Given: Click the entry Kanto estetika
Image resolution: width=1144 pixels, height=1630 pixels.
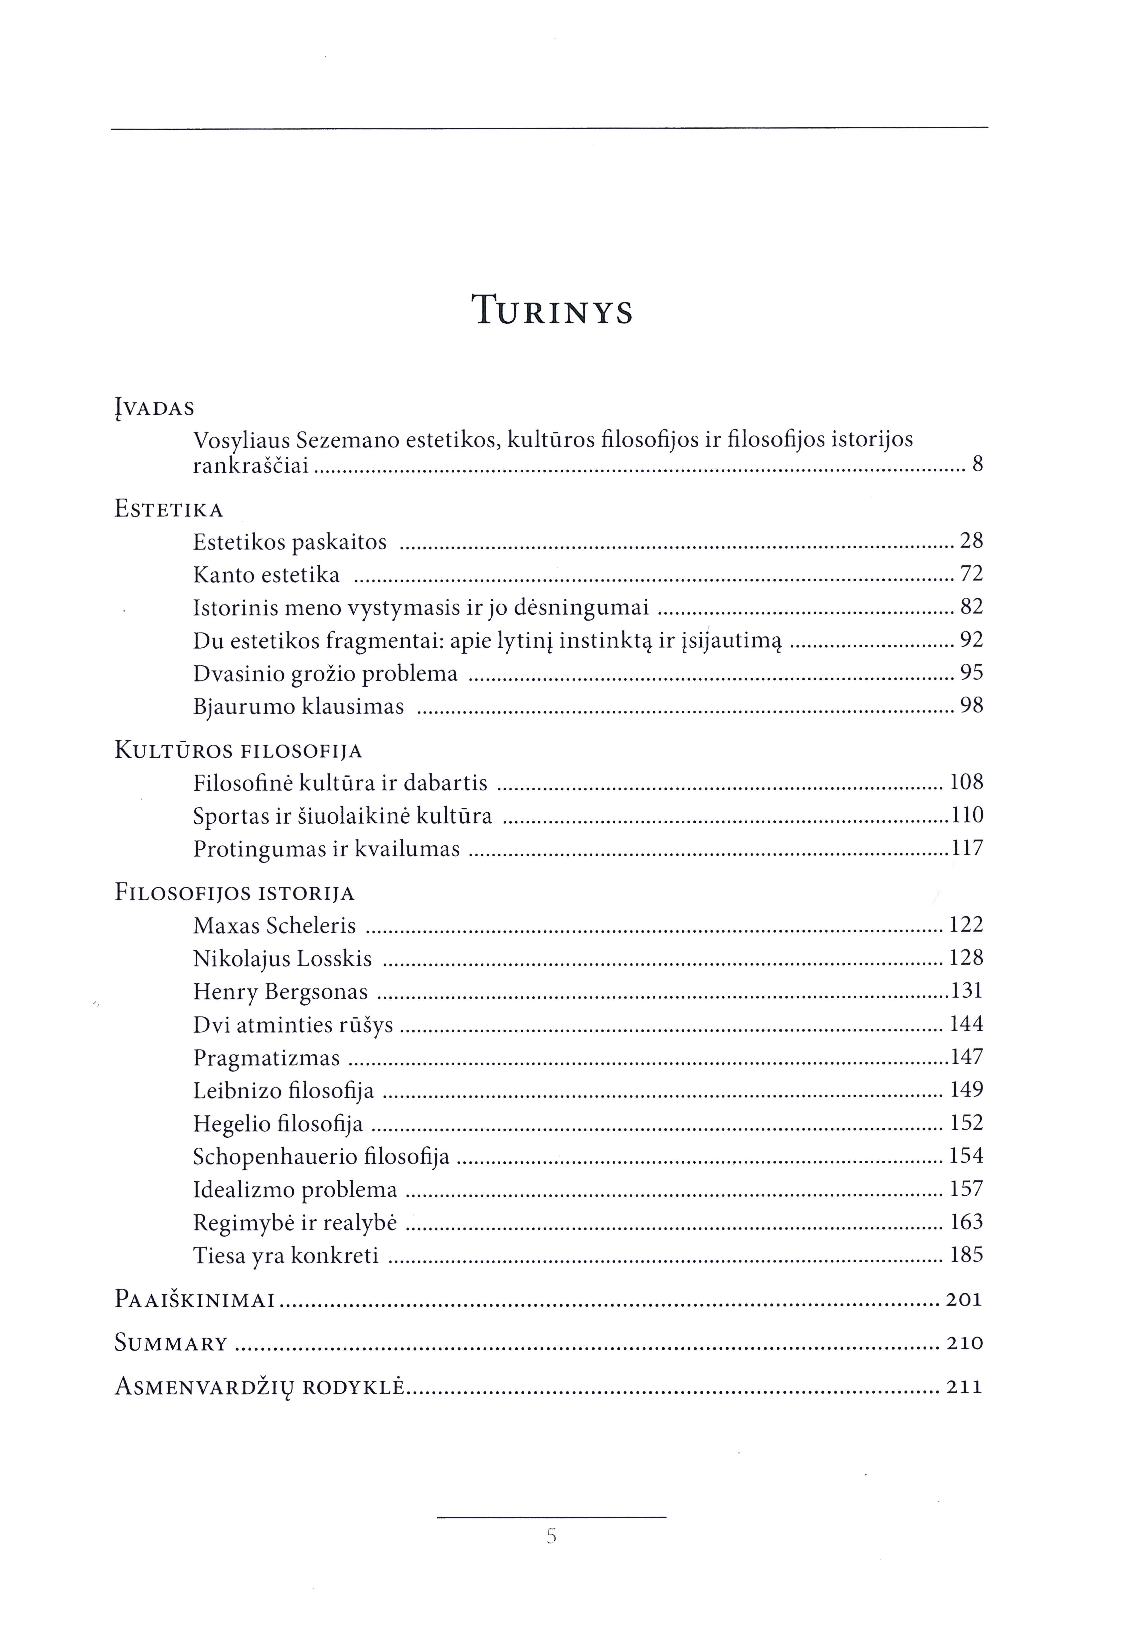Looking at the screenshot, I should [266, 574].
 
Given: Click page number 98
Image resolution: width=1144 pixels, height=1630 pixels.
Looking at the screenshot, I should [971, 706].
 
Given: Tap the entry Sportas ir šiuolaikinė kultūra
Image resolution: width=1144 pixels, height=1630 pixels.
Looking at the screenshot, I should [342, 816].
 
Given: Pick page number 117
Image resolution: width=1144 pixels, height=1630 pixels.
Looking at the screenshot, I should [966, 848].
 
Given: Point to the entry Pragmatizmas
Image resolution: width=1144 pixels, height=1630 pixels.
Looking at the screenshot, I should [266, 1058].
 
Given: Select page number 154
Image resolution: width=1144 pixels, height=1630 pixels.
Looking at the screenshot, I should [966, 1156].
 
